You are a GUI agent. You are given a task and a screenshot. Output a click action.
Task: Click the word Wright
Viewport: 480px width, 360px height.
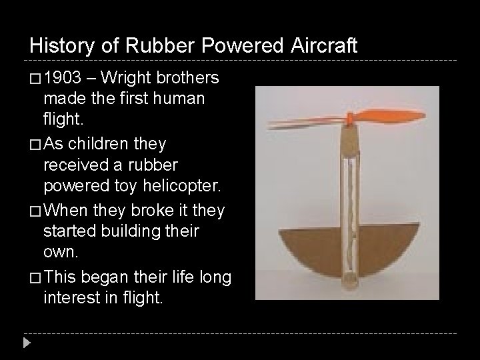[x=128, y=79]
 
